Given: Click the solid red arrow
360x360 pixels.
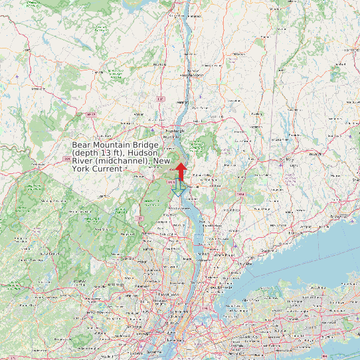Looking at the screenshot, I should click(181, 163).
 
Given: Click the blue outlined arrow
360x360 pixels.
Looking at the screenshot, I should click(178, 188).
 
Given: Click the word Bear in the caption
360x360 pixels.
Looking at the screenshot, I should click(82, 145).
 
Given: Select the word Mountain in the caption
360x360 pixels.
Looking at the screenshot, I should click(112, 145).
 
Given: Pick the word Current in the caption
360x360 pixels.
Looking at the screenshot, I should click(107, 169).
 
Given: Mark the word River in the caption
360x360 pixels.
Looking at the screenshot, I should click(82, 161).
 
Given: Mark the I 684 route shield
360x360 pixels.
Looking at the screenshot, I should click(240, 194).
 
